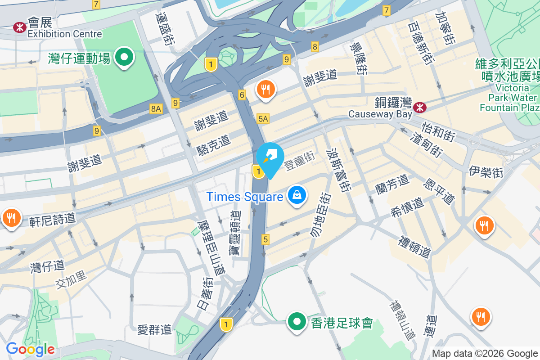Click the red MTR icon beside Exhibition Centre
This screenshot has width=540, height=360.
(x=20, y=27)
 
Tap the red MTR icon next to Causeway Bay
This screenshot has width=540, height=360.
(x=420, y=107)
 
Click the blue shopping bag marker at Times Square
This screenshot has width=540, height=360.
(x=297, y=196)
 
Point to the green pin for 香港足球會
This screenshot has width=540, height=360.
(x=297, y=322)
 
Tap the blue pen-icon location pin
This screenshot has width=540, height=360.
(x=270, y=158)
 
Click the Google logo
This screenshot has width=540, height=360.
(x=30, y=349)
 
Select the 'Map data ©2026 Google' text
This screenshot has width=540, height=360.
(x=485, y=354)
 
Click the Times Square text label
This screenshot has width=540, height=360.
(x=245, y=197)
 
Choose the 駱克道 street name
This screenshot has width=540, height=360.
(x=214, y=145)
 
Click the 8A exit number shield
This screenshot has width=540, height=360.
(x=156, y=108)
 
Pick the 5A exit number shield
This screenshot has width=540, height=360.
(x=263, y=119)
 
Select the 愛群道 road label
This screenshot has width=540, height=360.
(x=155, y=330)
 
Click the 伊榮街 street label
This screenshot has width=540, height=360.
(x=486, y=171)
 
